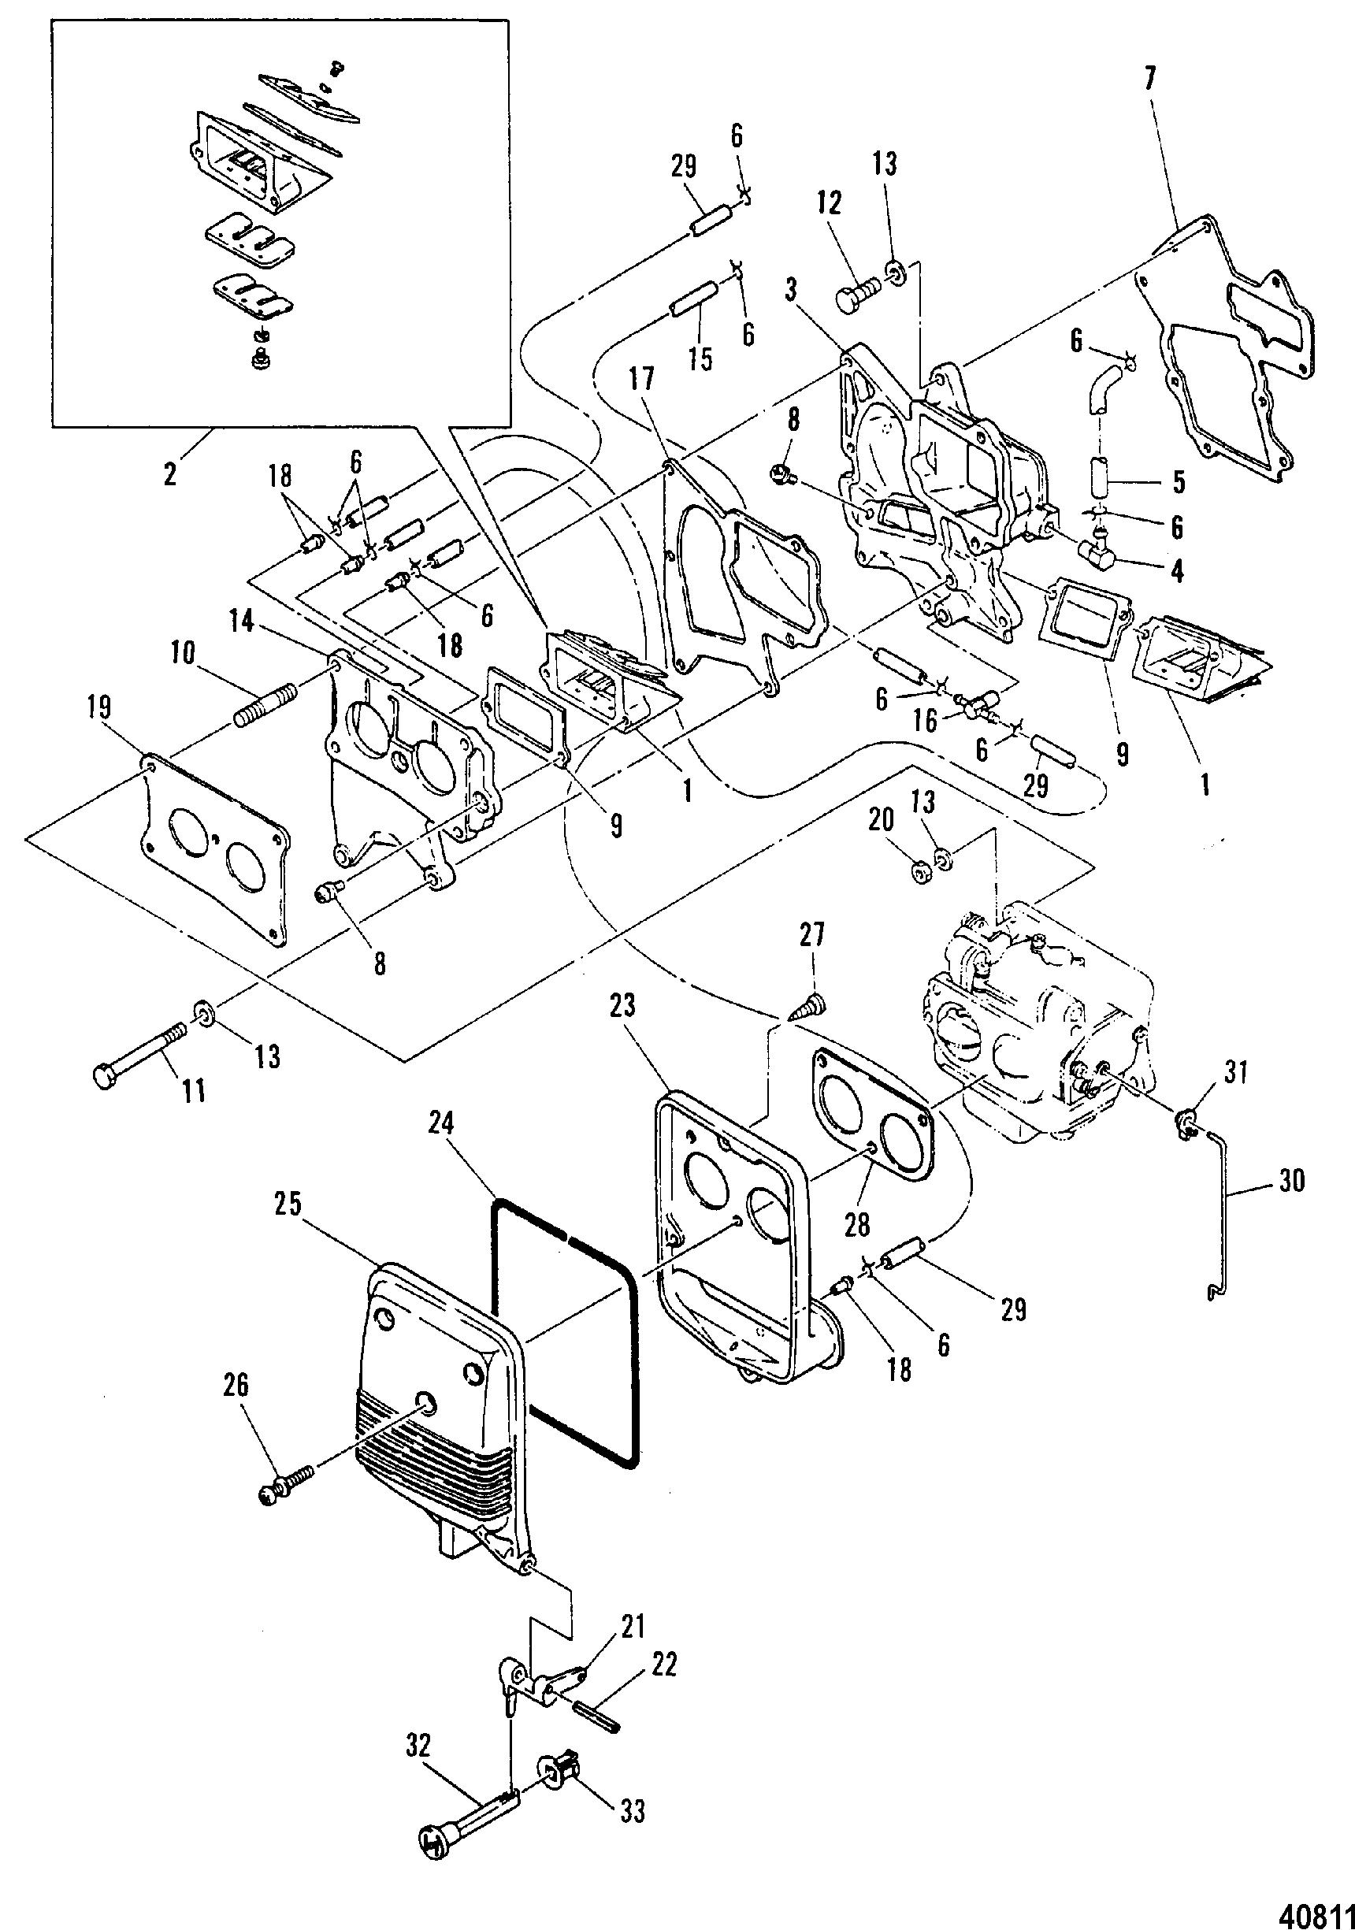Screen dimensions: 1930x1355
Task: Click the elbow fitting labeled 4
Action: coord(1096,553)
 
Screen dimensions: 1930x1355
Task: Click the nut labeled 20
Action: coord(919,874)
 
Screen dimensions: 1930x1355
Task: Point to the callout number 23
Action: coord(624,1005)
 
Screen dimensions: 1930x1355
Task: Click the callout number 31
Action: coord(1234,1073)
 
